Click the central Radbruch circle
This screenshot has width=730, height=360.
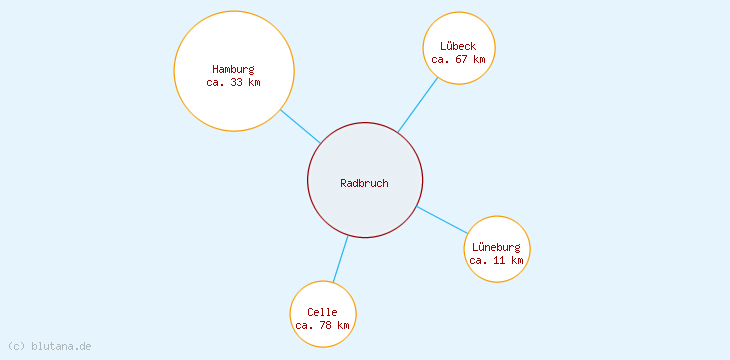point(365,205)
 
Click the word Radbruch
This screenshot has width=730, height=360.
point(364,183)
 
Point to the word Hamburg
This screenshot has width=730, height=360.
point(233,69)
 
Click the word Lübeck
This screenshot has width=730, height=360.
point(458,46)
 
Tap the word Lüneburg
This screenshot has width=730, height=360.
point(496,247)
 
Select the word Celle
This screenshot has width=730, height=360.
point(322,312)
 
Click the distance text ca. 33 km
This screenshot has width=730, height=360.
point(233,83)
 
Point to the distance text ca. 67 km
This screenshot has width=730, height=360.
point(458,60)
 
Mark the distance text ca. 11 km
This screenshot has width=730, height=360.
point(496,260)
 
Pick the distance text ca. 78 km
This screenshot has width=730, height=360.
point(322,326)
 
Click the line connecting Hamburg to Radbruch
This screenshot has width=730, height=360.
point(300,126)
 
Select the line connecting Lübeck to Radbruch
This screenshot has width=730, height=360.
point(418,105)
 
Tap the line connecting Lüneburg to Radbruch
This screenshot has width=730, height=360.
point(443,221)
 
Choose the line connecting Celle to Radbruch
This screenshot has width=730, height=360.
point(340,259)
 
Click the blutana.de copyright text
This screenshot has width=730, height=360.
point(49,346)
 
